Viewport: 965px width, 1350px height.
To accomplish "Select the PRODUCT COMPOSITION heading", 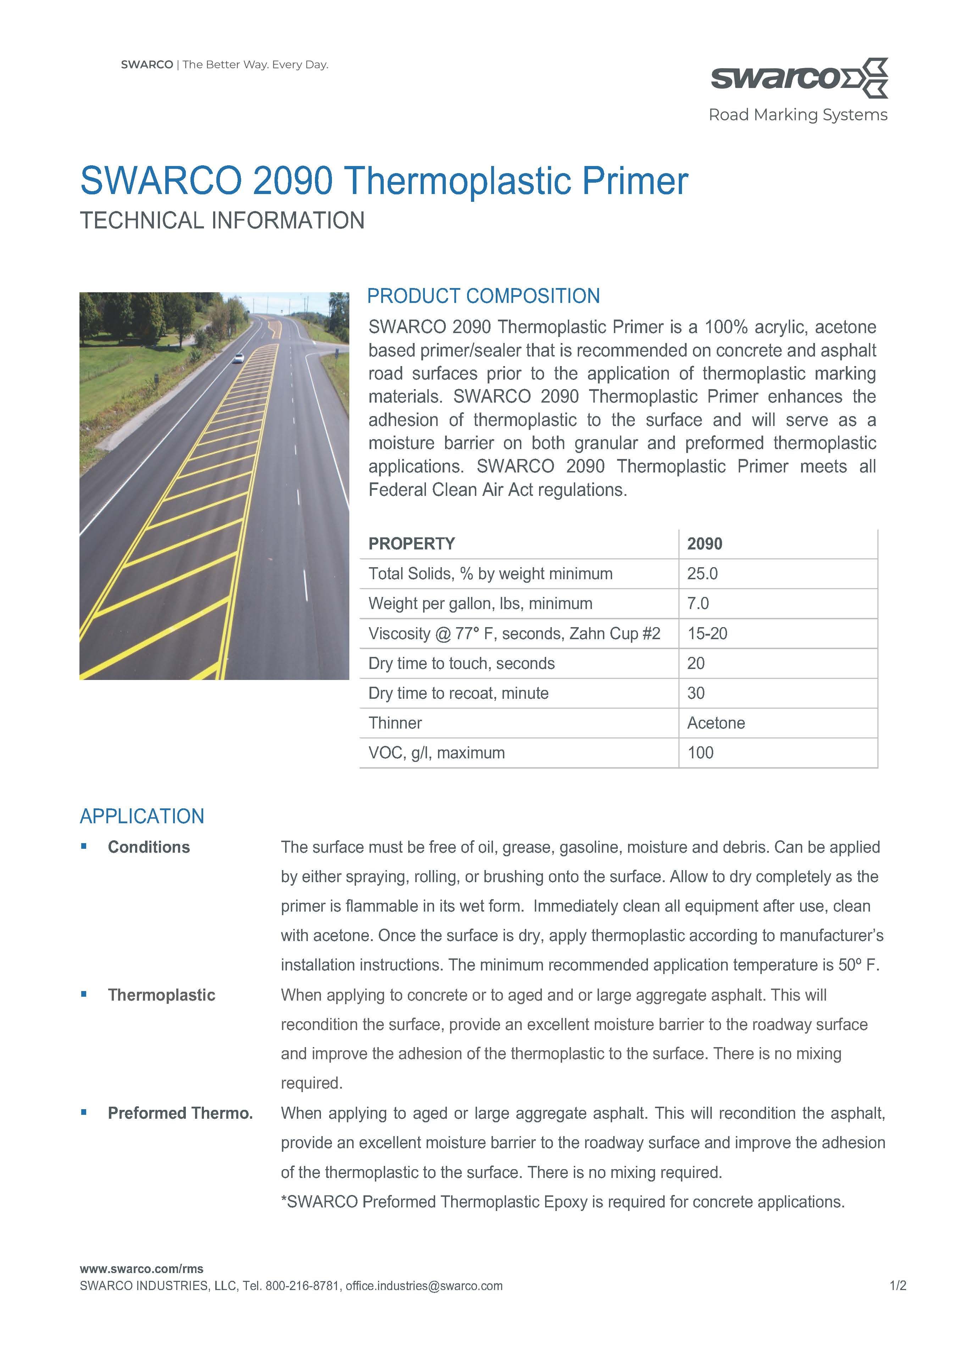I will (x=483, y=296).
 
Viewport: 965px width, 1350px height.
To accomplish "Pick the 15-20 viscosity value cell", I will (x=707, y=633).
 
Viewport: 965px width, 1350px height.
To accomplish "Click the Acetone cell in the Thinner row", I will (x=716, y=723).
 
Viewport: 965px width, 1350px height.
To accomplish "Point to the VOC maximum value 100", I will (x=700, y=753).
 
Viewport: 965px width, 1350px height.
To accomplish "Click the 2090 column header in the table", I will (x=705, y=544).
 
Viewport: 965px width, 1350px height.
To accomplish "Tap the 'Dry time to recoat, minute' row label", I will (x=458, y=693).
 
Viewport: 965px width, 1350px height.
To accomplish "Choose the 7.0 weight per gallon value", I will (x=698, y=604).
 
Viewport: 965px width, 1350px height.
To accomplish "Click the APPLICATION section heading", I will (x=142, y=817).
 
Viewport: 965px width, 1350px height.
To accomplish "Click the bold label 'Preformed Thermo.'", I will (x=180, y=1113).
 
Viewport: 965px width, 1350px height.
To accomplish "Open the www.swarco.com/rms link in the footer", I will (x=142, y=1269).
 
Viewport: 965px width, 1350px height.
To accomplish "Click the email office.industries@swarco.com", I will (x=424, y=1286).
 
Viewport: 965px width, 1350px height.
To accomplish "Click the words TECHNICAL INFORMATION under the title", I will (x=222, y=220).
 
